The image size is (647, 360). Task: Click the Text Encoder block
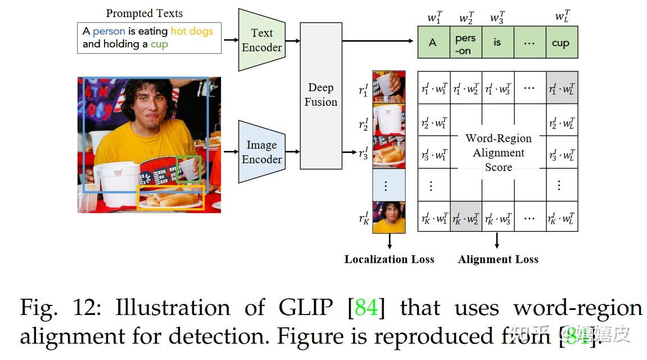coord(261,40)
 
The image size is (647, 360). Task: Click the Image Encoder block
coord(261,152)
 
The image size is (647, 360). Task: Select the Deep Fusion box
coord(321,95)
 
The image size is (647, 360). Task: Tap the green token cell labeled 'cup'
coord(562,43)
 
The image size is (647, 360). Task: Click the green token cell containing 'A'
coord(433,43)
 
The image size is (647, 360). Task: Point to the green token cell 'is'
coord(497,43)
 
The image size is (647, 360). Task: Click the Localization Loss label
coord(389,259)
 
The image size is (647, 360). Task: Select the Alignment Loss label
coord(498,259)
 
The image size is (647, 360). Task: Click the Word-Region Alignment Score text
coord(498,152)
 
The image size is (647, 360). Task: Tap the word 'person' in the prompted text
coord(108,31)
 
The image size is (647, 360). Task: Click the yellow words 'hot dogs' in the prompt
coord(192,31)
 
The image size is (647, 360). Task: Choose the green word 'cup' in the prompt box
coord(159,44)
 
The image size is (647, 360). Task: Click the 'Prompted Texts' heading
coord(144,13)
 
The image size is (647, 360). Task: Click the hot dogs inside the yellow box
coord(171,198)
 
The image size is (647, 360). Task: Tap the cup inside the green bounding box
coord(189,169)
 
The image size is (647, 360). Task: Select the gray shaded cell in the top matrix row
coord(562,88)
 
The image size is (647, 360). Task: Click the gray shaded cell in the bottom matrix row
coord(465,217)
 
